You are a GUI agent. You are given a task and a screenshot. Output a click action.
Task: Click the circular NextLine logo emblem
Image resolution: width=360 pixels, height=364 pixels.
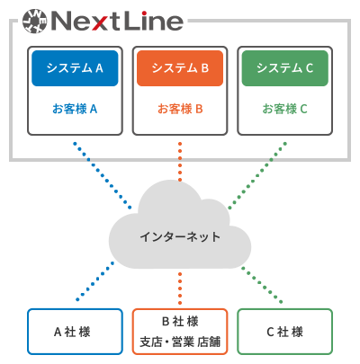(35, 21)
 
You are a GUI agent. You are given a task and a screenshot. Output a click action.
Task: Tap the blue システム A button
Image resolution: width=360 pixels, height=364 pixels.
(75, 68)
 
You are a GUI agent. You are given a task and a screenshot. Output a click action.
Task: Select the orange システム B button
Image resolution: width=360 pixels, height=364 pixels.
(180, 68)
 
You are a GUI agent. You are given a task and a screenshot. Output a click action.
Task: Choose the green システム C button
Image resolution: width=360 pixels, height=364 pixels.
(285, 68)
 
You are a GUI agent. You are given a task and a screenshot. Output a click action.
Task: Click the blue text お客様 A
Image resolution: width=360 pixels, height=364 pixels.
(75, 109)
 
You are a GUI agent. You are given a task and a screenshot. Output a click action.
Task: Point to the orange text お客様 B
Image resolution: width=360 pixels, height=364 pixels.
(180, 109)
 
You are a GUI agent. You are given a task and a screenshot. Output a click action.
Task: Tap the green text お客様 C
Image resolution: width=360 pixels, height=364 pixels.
(285, 109)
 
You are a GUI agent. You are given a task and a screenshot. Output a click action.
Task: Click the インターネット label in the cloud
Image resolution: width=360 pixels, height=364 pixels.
(180, 236)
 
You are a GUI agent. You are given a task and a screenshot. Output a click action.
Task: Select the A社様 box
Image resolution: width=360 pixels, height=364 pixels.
(75, 332)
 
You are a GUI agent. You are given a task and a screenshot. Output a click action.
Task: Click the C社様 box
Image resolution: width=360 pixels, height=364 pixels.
(285, 332)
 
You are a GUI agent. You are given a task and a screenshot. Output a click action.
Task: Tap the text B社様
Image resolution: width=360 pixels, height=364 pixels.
(180, 322)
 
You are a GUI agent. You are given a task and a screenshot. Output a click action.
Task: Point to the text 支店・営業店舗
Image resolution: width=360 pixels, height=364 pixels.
(180, 342)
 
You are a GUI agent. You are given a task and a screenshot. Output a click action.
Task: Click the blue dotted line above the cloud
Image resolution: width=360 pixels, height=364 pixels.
(103, 175)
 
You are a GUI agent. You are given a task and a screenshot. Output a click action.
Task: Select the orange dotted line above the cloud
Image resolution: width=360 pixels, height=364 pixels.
(180, 162)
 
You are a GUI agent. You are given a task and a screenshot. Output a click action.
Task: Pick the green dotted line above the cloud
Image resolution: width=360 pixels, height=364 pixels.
(257, 175)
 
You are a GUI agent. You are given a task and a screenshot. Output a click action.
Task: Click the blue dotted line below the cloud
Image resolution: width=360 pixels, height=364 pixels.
(95, 281)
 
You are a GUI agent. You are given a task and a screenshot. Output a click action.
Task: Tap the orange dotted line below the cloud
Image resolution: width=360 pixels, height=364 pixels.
(180, 289)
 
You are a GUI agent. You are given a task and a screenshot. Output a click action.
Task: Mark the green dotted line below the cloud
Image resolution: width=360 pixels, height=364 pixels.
(262, 285)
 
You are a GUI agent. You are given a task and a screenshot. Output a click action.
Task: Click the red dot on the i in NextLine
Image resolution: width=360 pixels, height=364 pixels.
(144, 13)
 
